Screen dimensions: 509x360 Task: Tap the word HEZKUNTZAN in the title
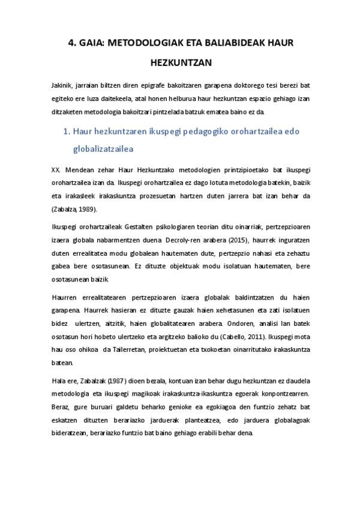tap(179, 61)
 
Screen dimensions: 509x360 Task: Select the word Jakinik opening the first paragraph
tap(61, 86)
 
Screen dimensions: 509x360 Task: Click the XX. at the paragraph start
tap(56, 170)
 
